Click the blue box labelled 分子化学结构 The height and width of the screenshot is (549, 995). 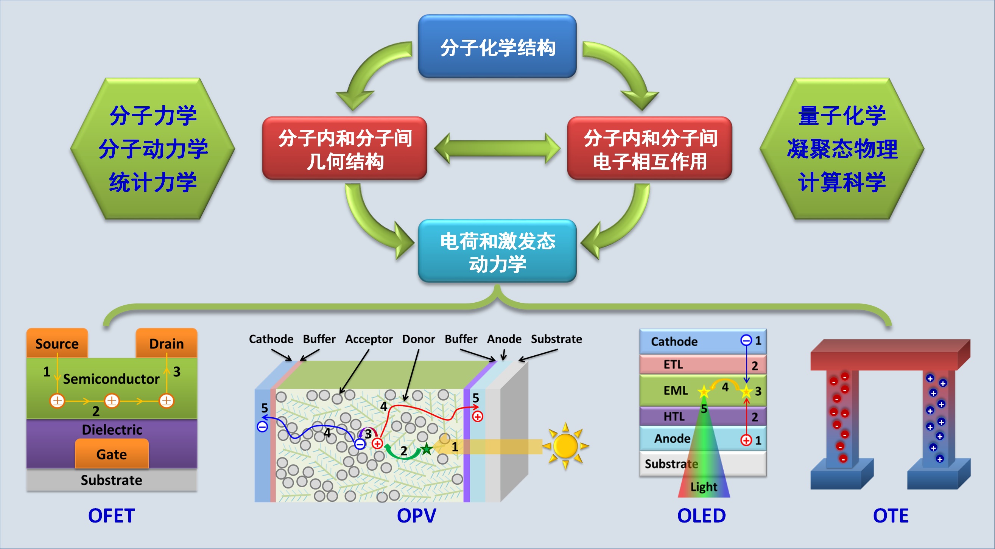click(497, 47)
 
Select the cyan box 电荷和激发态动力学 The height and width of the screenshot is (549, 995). click(497, 251)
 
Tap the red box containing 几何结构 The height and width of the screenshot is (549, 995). click(344, 149)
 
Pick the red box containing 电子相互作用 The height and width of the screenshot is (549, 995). click(650, 149)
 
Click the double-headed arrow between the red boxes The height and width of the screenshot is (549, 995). click(497, 149)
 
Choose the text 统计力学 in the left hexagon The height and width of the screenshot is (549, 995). click(153, 182)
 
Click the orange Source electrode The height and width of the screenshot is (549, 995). click(57, 343)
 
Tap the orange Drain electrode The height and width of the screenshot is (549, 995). click(167, 343)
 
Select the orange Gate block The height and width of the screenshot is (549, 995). click(112, 454)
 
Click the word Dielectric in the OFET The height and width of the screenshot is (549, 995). click(112, 429)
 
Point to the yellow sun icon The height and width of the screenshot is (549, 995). click(565, 446)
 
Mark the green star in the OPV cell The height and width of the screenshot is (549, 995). click(427, 449)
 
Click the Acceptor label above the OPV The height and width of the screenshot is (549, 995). click(369, 339)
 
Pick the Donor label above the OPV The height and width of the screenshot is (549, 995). click(418, 339)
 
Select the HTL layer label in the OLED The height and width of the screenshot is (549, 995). click(674, 416)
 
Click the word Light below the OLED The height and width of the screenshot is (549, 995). click(704, 487)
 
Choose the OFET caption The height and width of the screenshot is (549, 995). click(111, 515)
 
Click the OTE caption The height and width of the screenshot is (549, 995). click(891, 515)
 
